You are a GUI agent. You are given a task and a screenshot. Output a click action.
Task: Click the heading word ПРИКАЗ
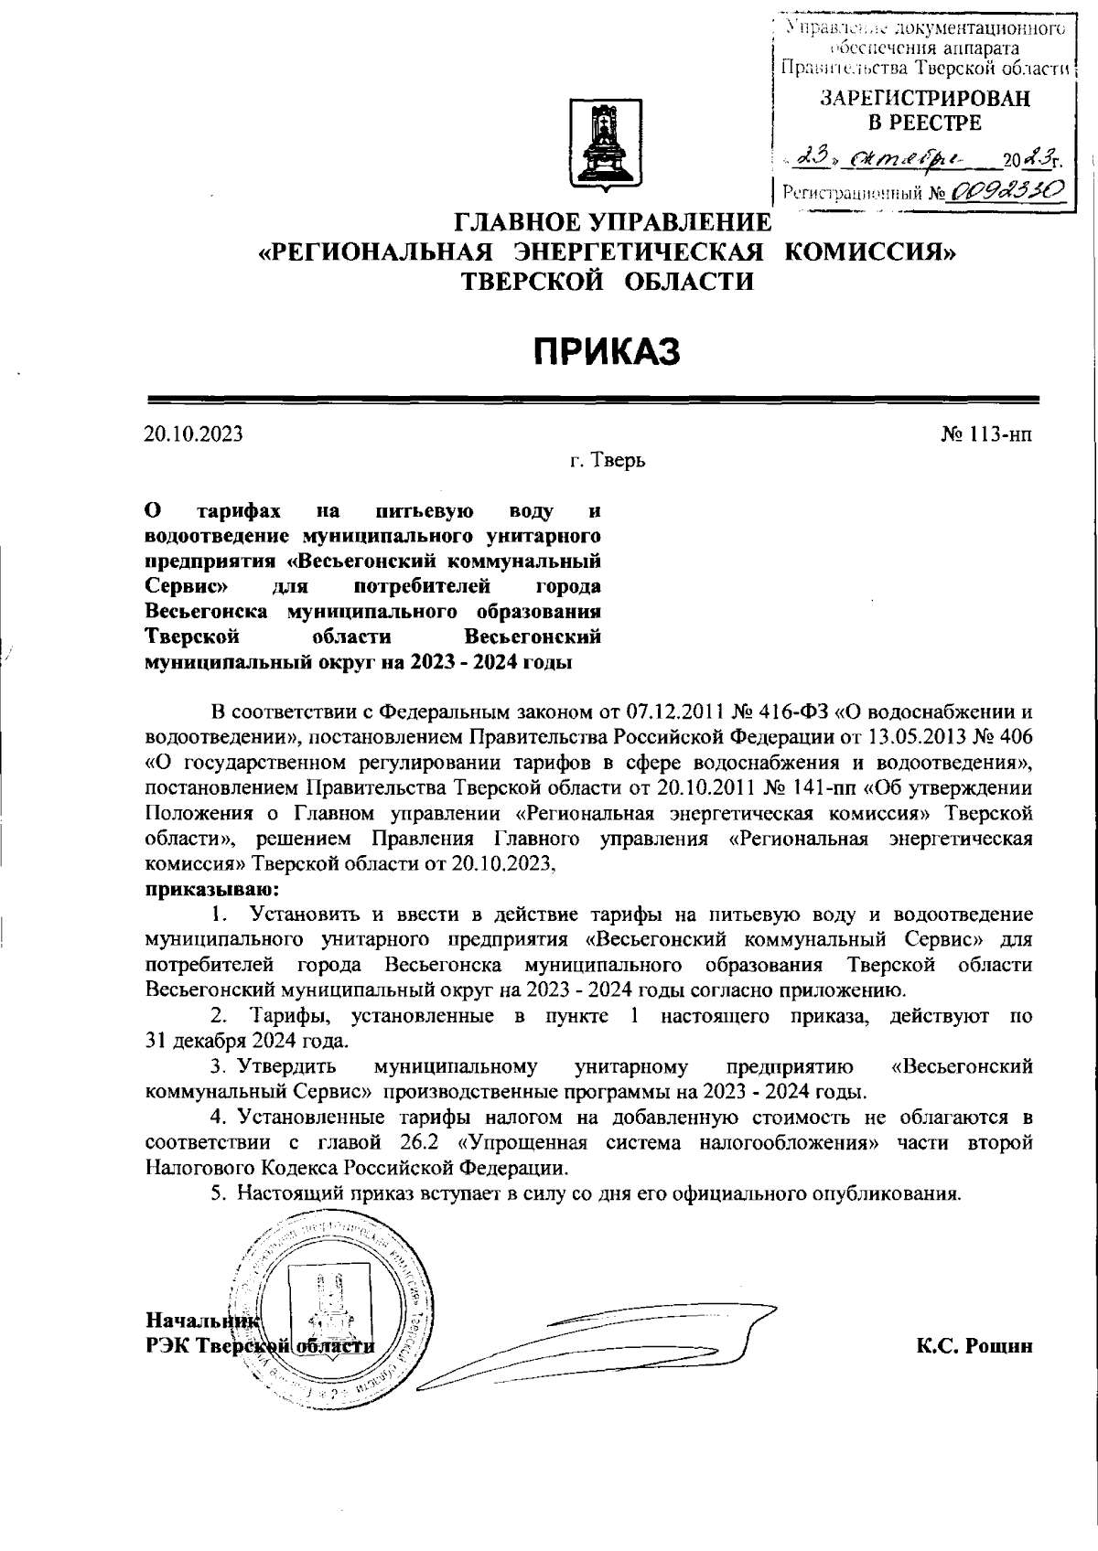pos(608,350)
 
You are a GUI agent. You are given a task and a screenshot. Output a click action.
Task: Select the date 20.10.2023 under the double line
pos(193,434)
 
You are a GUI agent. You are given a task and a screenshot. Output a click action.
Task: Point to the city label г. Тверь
pos(607,461)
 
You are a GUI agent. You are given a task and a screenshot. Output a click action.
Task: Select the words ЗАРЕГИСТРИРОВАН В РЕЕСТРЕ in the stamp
pos(923,111)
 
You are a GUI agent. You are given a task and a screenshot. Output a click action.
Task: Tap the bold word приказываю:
pos(212,889)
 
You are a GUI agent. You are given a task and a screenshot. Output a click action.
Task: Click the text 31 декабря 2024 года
pos(246,1041)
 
